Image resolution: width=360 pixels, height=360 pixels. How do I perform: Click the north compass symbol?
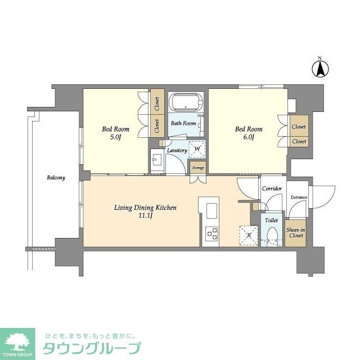click(320, 70)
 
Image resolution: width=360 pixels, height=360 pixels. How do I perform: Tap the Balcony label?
click(56, 178)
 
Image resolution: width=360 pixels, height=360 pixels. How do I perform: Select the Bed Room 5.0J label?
click(112, 133)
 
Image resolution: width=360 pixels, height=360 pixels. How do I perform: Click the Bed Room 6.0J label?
click(245, 133)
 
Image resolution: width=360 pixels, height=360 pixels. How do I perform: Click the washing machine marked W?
click(197, 149)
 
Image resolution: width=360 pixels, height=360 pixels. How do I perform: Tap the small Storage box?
click(198, 168)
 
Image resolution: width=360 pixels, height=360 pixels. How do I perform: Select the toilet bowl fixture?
click(272, 235)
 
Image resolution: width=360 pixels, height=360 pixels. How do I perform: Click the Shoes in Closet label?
click(295, 232)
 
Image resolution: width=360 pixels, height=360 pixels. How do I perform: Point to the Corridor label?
click(272, 189)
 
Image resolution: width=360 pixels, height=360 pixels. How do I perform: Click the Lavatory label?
click(177, 151)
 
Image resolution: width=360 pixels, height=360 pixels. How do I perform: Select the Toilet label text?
click(272, 220)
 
